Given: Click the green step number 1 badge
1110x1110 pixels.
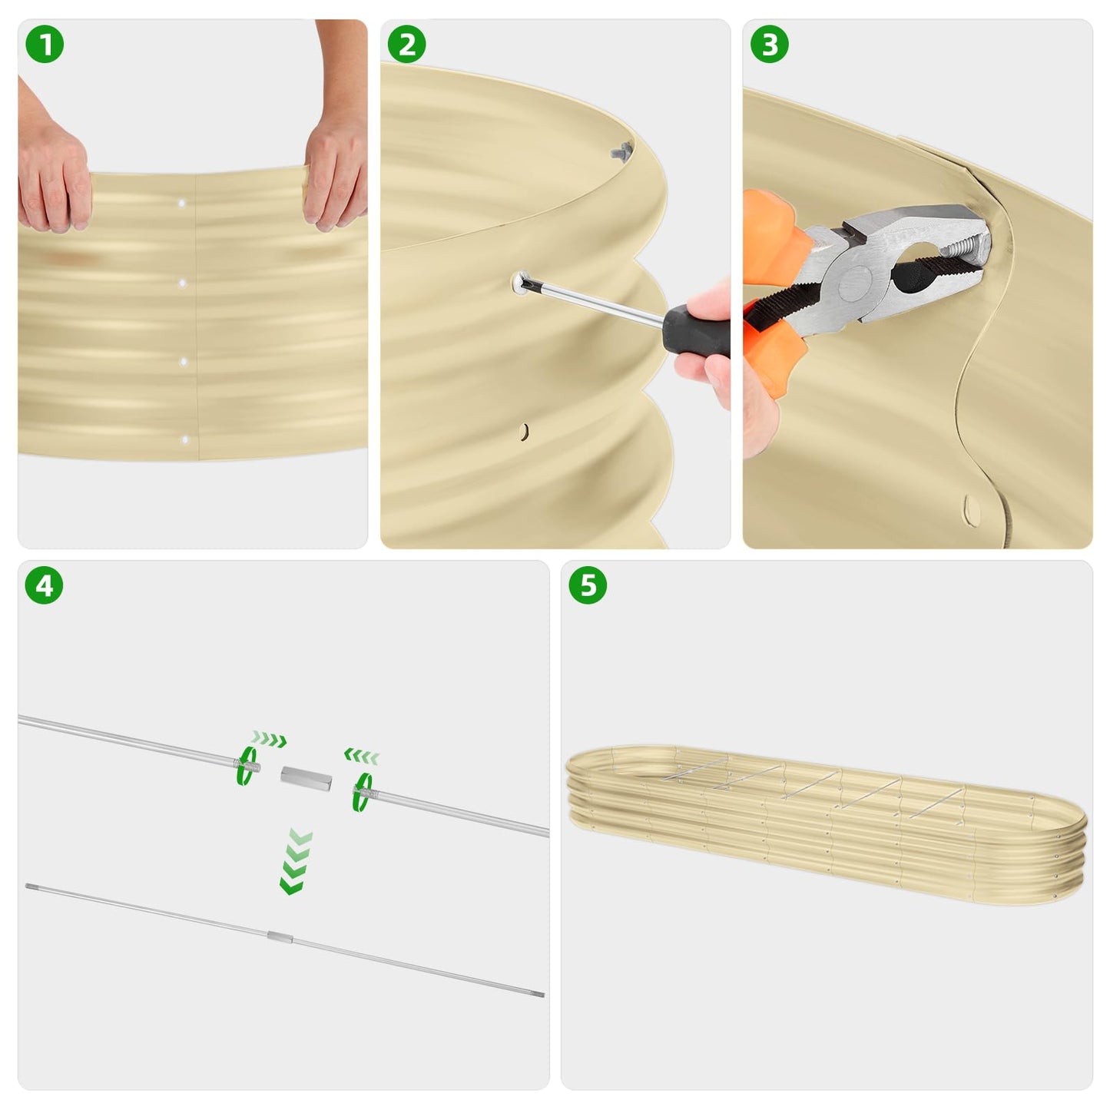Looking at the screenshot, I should point(45,45).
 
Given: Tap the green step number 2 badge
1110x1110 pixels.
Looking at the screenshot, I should point(407,45).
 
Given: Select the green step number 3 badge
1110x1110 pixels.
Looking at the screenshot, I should point(770,45).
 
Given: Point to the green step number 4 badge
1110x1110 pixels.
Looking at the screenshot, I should point(45,586).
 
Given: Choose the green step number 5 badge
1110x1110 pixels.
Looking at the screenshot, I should point(588,586).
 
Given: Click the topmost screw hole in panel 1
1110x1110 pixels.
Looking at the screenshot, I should point(182,204).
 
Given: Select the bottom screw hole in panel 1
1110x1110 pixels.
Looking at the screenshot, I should point(185,440).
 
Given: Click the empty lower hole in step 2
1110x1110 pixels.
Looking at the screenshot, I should point(525,432).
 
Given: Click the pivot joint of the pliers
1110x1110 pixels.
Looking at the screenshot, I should point(854,283).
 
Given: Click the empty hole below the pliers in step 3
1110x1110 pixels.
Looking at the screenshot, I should point(972,507).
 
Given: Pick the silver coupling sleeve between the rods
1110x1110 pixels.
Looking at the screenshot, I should point(306,777).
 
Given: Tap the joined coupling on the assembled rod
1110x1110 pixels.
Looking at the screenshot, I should point(280,936).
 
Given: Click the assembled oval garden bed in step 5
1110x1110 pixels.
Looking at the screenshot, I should point(826,826).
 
